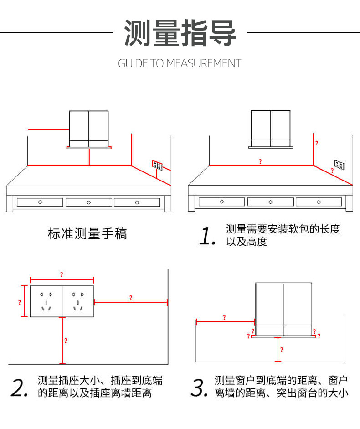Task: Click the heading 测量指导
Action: pyautogui.click(x=180, y=33)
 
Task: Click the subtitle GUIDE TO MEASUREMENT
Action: pyautogui.click(x=180, y=63)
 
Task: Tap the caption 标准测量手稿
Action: pyautogui.click(x=87, y=234)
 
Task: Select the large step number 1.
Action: pyautogui.click(x=207, y=236)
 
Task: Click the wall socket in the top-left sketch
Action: pyautogui.click(x=157, y=165)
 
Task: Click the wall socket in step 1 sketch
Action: pyautogui.click(x=339, y=164)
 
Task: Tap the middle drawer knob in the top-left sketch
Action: pyautogui.click(x=88, y=202)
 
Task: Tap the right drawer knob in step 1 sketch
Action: pyautogui.click(x=319, y=202)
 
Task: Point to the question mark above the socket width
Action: pyautogui.click(x=62, y=275)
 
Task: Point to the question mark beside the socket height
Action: pyautogui.click(x=20, y=302)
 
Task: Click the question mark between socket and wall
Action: pyautogui.click(x=131, y=298)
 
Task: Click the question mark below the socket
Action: pyautogui.click(x=66, y=341)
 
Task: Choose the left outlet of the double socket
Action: pyautogui.click(x=46, y=301)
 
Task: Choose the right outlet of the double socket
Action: pyautogui.click(x=77, y=301)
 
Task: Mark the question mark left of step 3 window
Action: pyautogui.click(x=224, y=318)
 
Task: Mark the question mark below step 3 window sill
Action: pyautogui.click(x=281, y=350)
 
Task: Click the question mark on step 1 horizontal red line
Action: pyautogui.click(x=260, y=161)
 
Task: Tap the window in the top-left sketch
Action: pyautogui.click(x=89, y=129)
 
